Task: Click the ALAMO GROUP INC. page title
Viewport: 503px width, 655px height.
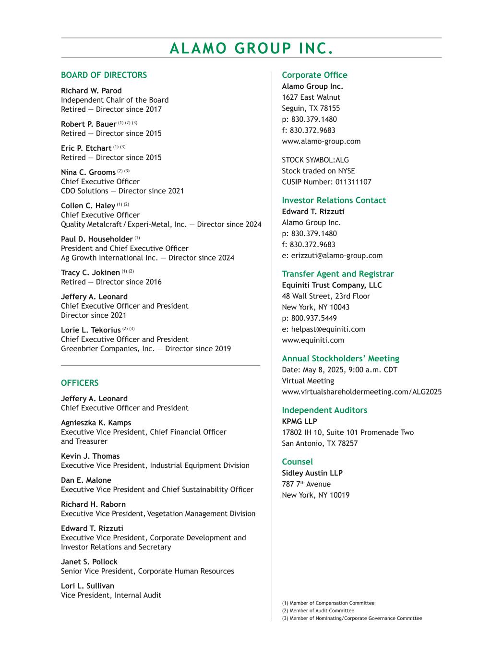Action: (x=251, y=48)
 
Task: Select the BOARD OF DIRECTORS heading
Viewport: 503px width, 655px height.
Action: (x=104, y=75)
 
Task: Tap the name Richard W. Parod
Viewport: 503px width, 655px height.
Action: (x=91, y=91)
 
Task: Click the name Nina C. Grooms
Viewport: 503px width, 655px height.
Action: (x=88, y=172)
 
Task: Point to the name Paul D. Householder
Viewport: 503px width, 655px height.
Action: (x=96, y=239)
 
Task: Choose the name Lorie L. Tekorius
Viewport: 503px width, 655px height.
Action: (x=91, y=330)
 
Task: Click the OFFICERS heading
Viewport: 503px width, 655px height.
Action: (x=80, y=383)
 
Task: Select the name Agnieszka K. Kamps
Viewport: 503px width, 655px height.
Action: (x=96, y=423)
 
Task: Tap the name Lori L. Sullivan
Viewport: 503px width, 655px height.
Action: (x=87, y=586)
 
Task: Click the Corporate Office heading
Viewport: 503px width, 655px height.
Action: (x=314, y=75)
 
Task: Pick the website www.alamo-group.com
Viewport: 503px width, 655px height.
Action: (x=321, y=141)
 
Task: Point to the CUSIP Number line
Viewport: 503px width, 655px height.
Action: (x=326, y=182)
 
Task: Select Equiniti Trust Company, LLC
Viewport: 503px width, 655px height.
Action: (x=332, y=285)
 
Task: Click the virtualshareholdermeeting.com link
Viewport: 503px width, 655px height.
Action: (x=361, y=392)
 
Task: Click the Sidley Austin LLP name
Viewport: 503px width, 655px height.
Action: (x=312, y=473)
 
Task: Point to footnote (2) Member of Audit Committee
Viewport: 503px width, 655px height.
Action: (x=318, y=611)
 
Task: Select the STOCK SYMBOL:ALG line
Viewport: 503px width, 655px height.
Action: (x=315, y=160)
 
